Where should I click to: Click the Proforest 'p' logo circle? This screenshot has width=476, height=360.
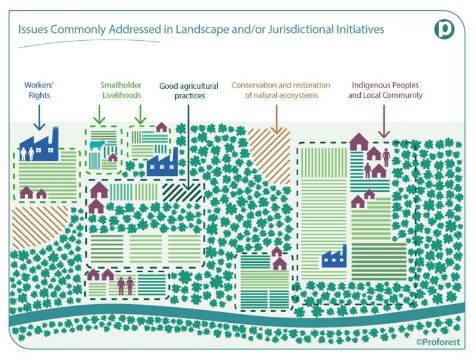(x=444, y=29)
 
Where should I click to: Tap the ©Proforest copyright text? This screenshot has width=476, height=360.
(x=438, y=342)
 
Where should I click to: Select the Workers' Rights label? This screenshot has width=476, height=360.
(x=39, y=90)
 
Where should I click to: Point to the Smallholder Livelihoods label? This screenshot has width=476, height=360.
(x=121, y=90)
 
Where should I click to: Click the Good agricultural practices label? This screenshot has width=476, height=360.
(x=189, y=91)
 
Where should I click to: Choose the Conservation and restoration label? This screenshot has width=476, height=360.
(x=281, y=90)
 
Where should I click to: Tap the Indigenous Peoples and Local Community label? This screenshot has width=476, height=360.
(x=385, y=90)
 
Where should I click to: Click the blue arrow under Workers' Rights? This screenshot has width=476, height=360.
(x=40, y=118)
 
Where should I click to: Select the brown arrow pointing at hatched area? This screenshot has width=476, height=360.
(x=277, y=119)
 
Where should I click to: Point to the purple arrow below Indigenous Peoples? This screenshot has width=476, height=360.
(x=384, y=121)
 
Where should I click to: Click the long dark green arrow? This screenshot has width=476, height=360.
(x=188, y=148)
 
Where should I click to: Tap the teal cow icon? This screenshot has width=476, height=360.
(x=97, y=145)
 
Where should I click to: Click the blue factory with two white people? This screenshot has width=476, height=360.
(x=39, y=145)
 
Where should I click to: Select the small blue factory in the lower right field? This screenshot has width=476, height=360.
(x=334, y=257)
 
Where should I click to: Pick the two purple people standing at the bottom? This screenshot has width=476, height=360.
(x=125, y=286)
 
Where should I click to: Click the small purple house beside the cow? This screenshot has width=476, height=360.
(x=113, y=157)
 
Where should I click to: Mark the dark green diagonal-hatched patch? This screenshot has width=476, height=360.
(x=182, y=193)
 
